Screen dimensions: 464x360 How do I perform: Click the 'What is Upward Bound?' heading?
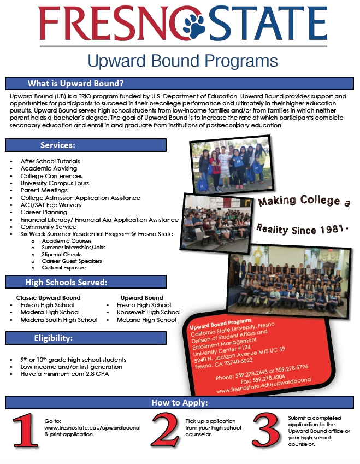tap(75, 84)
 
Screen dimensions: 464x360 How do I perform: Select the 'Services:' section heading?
tap(57, 145)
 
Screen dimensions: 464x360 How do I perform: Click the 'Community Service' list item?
tap(49, 227)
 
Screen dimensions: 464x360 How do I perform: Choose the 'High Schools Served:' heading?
tap(66, 283)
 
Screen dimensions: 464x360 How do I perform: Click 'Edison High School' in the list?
tap(48, 305)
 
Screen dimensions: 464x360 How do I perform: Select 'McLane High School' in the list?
tap(146, 320)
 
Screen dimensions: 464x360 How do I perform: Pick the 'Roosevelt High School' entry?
tap(149, 312)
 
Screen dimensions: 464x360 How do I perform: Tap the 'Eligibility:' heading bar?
tap(53, 338)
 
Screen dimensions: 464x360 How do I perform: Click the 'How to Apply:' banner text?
tap(179, 403)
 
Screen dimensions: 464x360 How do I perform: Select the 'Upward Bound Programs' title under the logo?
tap(182, 60)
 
